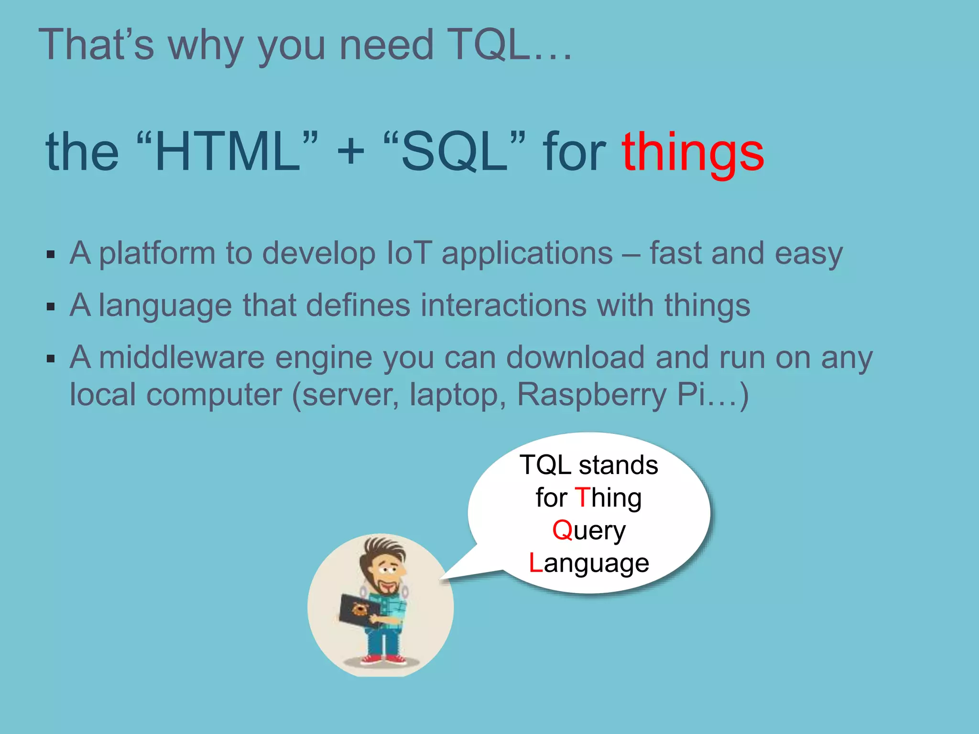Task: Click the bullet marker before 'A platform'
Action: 51,254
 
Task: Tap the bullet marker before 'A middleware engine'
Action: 51,359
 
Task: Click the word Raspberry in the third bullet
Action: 591,395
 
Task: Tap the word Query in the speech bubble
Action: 589,531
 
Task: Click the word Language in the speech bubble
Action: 589,563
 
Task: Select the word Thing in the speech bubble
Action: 608,498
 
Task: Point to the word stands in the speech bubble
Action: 618,465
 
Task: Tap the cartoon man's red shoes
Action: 383,660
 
